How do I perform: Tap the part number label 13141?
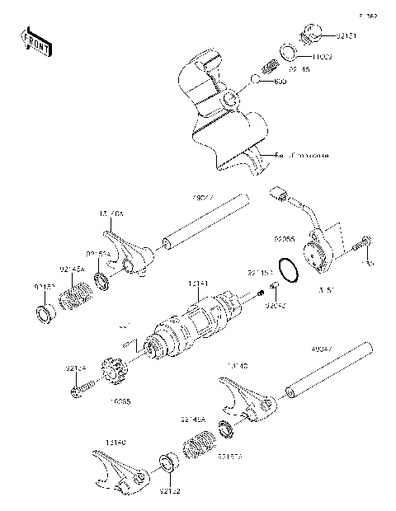198,284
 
